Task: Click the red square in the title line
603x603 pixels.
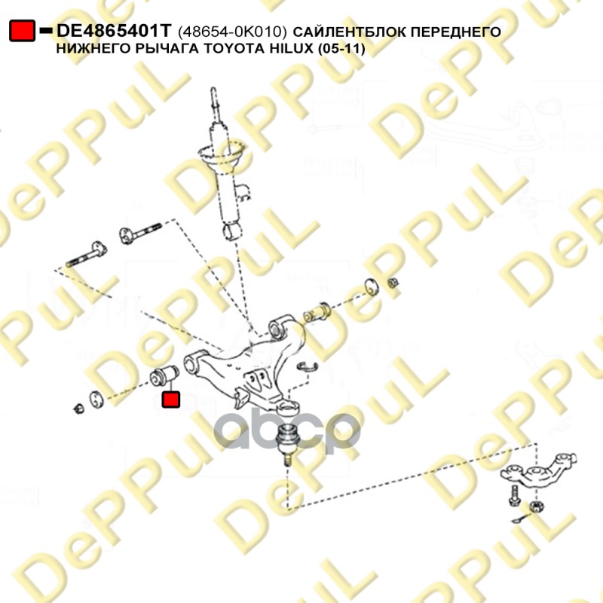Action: coord(23,32)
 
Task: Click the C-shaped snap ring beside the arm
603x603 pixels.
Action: coord(305,367)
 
